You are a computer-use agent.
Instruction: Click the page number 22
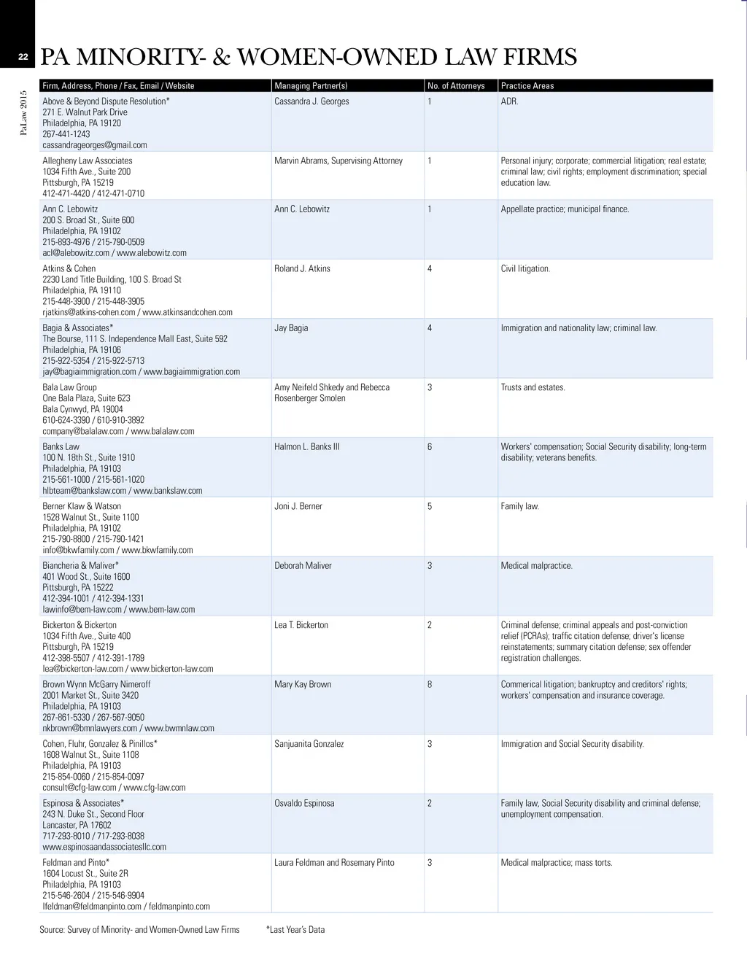pyautogui.click(x=23, y=58)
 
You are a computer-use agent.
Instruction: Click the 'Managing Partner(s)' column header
pyautogui.click(x=311, y=86)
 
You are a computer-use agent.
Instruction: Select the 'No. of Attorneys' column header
pyautogui.click(x=456, y=86)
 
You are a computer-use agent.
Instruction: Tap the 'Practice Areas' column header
pyautogui.click(x=527, y=86)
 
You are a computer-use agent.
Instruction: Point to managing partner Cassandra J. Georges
pyautogui.click(x=311, y=101)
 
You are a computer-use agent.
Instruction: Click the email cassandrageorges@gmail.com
pyautogui.click(x=95, y=145)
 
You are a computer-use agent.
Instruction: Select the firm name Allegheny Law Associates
pyautogui.click(x=88, y=160)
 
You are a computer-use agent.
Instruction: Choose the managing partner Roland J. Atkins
pyautogui.click(x=302, y=268)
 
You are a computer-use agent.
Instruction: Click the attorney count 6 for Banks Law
pyautogui.click(x=430, y=446)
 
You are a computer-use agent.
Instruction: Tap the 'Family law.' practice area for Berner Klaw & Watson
pyautogui.click(x=520, y=506)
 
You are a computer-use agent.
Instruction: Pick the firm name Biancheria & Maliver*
pyautogui.click(x=80, y=565)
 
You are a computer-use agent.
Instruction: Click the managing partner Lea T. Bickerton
pyautogui.click(x=301, y=625)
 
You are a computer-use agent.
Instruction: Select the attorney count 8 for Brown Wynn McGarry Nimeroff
pyautogui.click(x=430, y=684)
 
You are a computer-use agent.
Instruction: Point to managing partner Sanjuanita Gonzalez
pyautogui.click(x=309, y=744)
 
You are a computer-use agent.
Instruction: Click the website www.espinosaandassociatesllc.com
pyautogui.click(x=104, y=847)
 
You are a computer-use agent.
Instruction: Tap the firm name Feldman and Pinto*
pyautogui.click(x=76, y=862)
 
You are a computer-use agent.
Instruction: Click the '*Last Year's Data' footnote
pyautogui.click(x=295, y=930)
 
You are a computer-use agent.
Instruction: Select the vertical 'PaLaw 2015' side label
pyautogui.click(x=23, y=113)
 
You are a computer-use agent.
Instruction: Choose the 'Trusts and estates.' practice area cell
pyautogui.click(x=533, y=387)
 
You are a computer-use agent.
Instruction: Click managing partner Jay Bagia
pyautogui.click(x=291, y=328)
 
